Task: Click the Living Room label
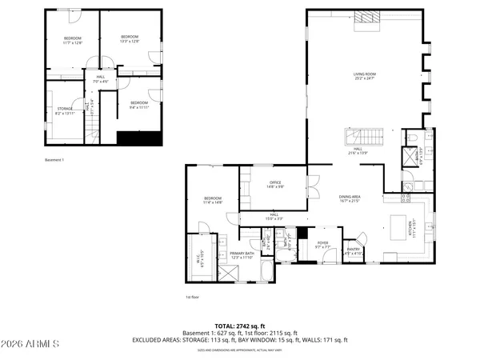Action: coord(365,77)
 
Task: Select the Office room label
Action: coord(275,185)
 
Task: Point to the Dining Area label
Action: coord(350,198)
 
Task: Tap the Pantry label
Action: coord(354,250)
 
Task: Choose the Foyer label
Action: coord(322,244)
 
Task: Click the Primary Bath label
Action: coord(242,255)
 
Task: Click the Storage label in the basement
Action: coord(65,110)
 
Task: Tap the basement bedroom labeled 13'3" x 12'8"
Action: coord(130,38)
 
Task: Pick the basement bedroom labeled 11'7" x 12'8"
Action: coord(73,41)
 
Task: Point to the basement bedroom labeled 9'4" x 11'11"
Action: coord(139,104)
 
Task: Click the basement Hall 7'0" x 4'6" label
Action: coord(100,79)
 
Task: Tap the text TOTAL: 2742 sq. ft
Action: coord(239,326)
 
